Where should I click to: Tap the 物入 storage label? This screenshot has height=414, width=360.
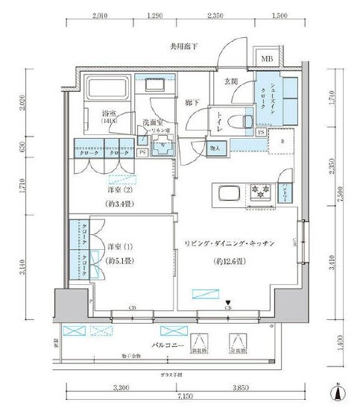[x=213, y=149]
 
